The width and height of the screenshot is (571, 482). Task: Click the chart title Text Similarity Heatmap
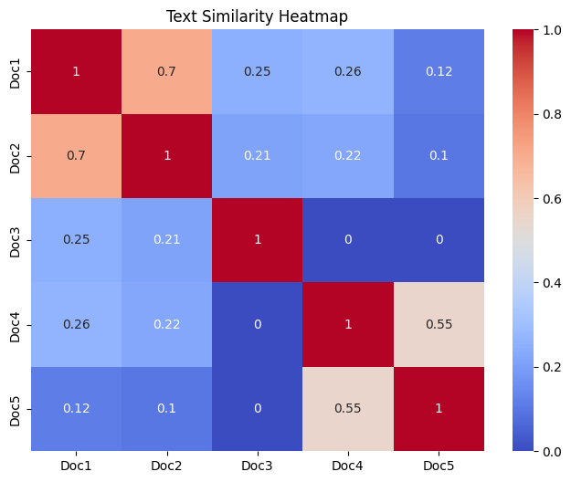(258, 16)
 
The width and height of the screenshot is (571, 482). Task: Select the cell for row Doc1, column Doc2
(167, 71)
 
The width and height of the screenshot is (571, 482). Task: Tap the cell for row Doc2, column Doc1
(77, 155)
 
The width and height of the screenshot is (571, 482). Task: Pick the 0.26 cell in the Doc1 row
(348, 71)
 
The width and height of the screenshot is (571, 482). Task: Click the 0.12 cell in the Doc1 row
(439, 71)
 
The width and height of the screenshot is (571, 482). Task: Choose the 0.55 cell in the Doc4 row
(439, 324)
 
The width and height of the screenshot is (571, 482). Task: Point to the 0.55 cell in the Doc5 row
(348, 408)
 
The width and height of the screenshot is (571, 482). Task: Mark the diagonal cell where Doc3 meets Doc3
(258, 240)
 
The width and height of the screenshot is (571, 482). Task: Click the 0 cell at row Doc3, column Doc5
(439, 240)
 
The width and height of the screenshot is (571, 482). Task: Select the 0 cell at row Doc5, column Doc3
(258, 408)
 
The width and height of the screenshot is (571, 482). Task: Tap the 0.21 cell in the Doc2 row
(258, 155)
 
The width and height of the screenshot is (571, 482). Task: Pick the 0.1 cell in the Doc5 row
(167, 408)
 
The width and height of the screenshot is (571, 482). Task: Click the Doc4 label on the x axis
(348, 466)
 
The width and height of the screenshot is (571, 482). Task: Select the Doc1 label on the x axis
(77, 466)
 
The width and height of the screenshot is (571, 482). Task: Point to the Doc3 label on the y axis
(16, 240)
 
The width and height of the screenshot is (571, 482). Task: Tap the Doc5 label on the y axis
(16, 408)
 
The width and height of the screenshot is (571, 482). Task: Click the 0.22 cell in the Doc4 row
(167, 324)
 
